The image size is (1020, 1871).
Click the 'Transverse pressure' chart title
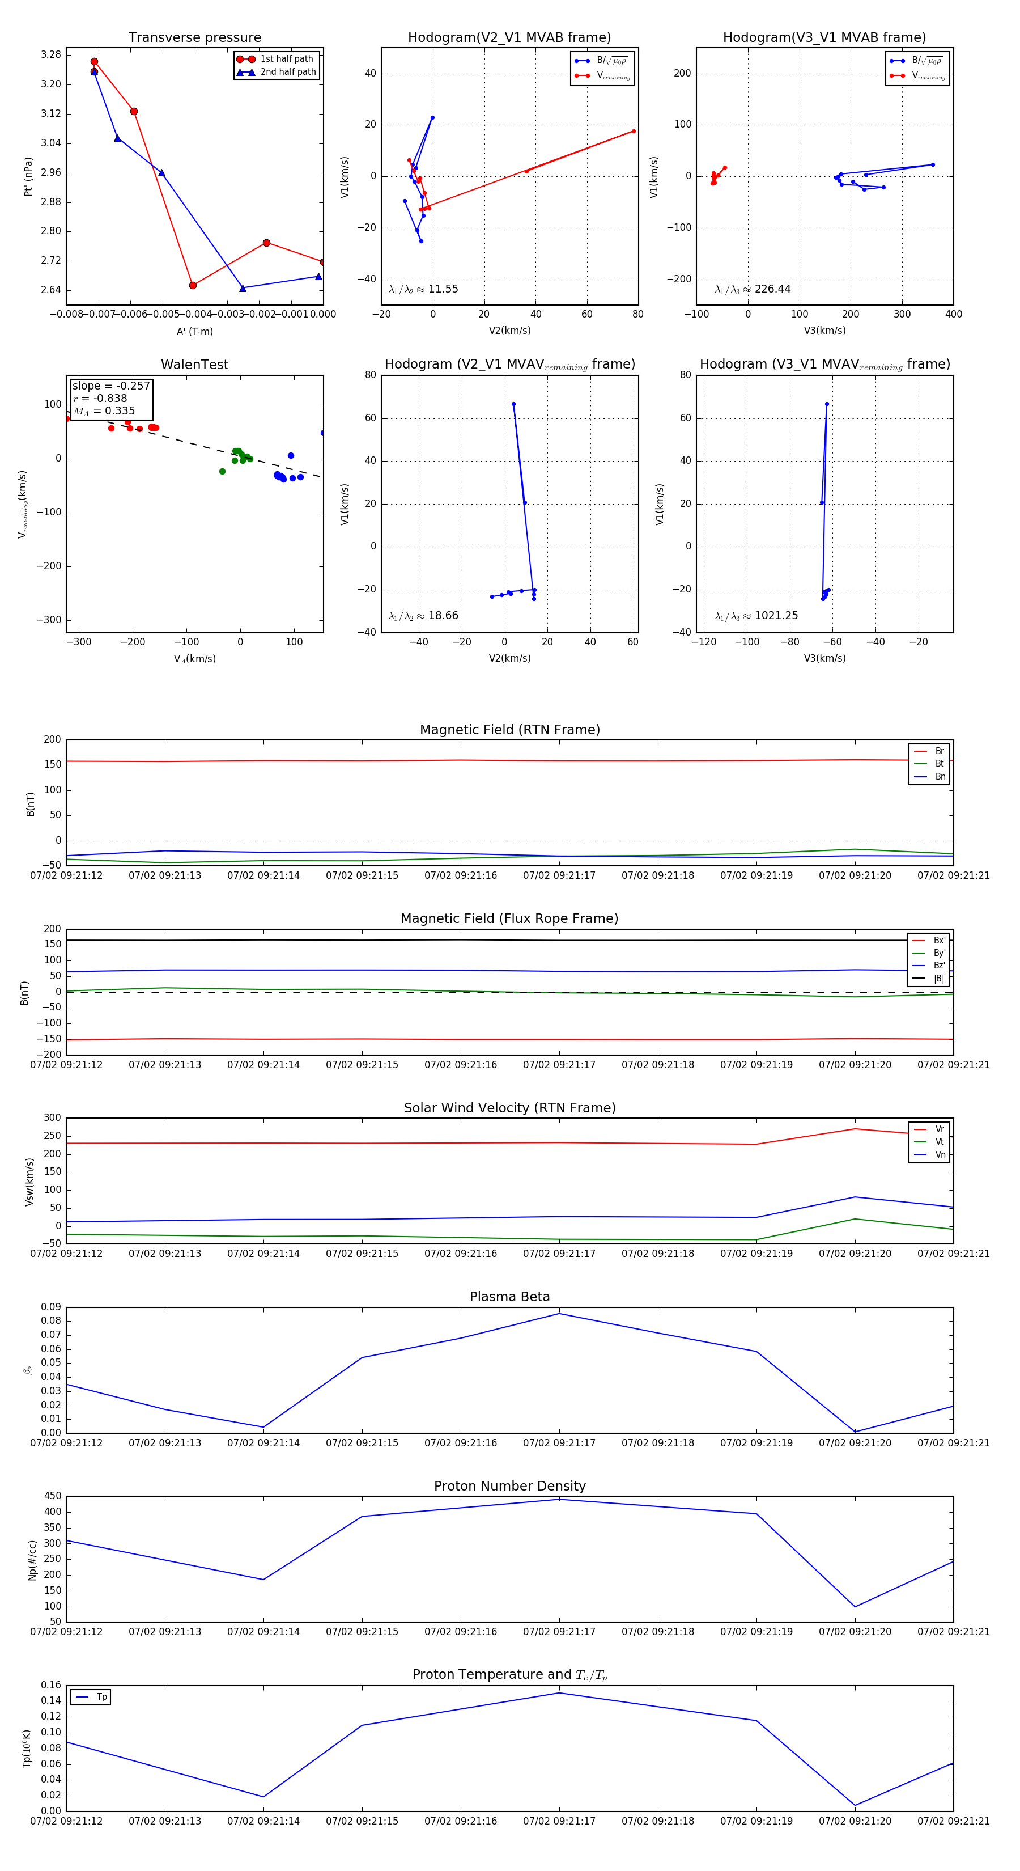194,38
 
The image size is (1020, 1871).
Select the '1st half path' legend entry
286,59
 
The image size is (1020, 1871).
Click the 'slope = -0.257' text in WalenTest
111,386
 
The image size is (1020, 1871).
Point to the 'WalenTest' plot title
194,365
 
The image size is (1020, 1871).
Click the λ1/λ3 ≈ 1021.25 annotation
756,615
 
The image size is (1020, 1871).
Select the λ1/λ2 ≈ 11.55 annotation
423,289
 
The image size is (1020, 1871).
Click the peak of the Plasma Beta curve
559,1313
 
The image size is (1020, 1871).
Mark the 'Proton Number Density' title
509,1486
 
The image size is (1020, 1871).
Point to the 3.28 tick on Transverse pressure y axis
51,54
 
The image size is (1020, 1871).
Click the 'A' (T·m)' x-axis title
194,332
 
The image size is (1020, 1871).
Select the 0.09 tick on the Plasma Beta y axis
51,1307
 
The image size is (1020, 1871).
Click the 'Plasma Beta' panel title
509,1297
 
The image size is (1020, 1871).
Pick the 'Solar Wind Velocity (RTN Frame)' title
509,1108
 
